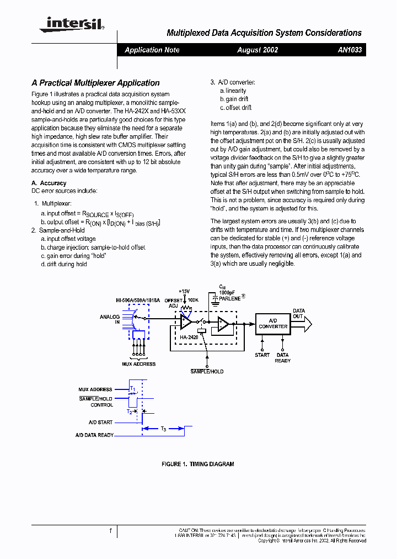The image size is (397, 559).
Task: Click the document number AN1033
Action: (350, 50)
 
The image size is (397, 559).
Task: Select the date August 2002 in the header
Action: (257, 50)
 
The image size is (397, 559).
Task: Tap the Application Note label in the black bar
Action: (152, 50)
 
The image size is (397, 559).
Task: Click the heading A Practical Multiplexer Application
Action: (95, 83)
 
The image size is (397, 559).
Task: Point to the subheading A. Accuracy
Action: (49, 183)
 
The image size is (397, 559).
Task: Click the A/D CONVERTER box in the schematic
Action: (273, 324)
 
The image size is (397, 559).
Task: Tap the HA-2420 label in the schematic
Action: (190, 336)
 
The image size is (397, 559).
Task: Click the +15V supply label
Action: (184, 291)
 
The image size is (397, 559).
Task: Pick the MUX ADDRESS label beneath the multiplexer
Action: (138, 364)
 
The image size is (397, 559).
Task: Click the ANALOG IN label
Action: (109, 320)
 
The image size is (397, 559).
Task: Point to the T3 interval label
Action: (164, 429)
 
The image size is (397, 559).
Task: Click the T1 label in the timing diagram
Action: (132, 389)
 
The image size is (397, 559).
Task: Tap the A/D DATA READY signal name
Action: (94, 435)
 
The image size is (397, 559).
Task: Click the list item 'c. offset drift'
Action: (235, 108)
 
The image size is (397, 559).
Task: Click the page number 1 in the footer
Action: (110, 530)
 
